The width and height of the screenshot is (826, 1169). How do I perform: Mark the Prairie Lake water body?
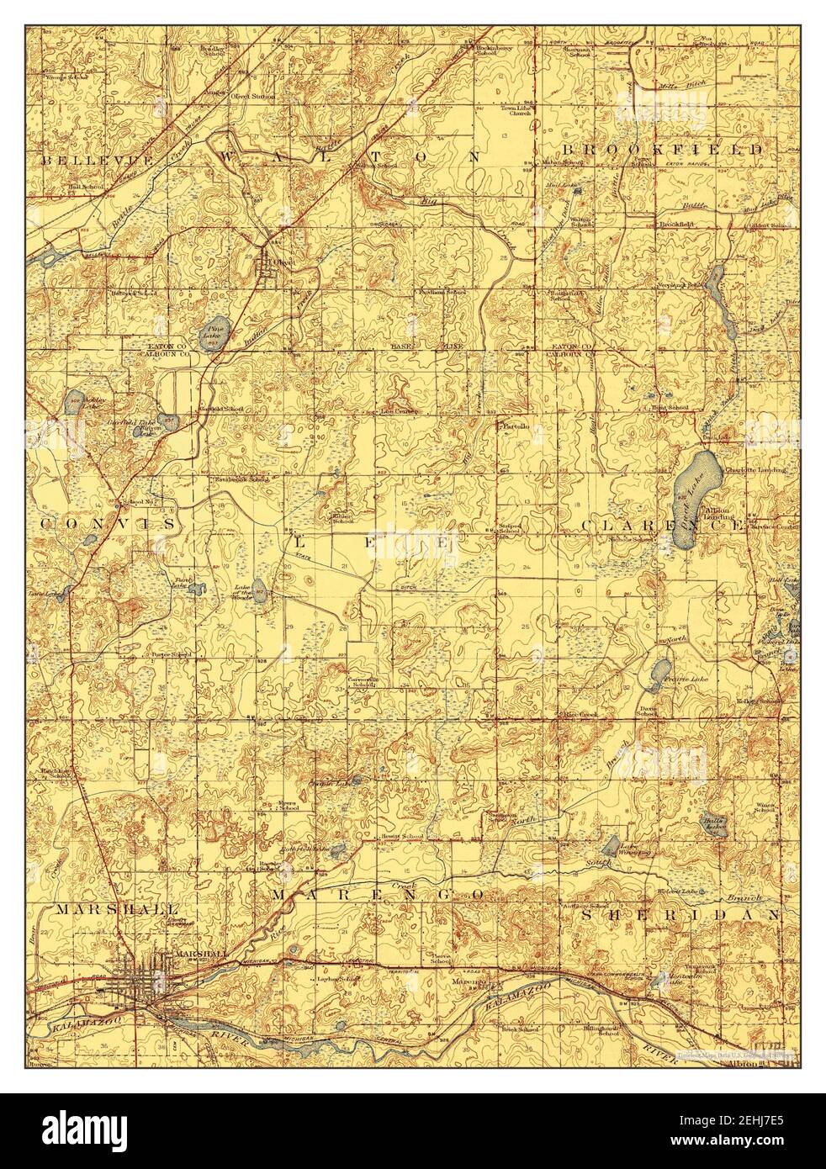coord(653,672)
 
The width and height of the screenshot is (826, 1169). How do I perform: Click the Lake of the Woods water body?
coord(259,590)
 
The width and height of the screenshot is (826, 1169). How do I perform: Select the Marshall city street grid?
coord(139,978)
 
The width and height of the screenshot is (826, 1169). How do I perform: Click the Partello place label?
coord(515,427)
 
